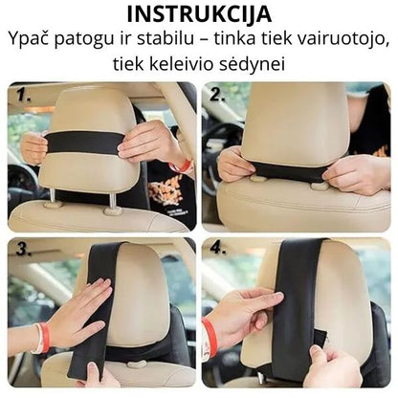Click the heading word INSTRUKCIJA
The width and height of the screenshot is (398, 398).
point(199,15)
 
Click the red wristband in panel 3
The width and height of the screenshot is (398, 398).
point(42,338)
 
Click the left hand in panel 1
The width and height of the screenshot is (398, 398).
point(34,146)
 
